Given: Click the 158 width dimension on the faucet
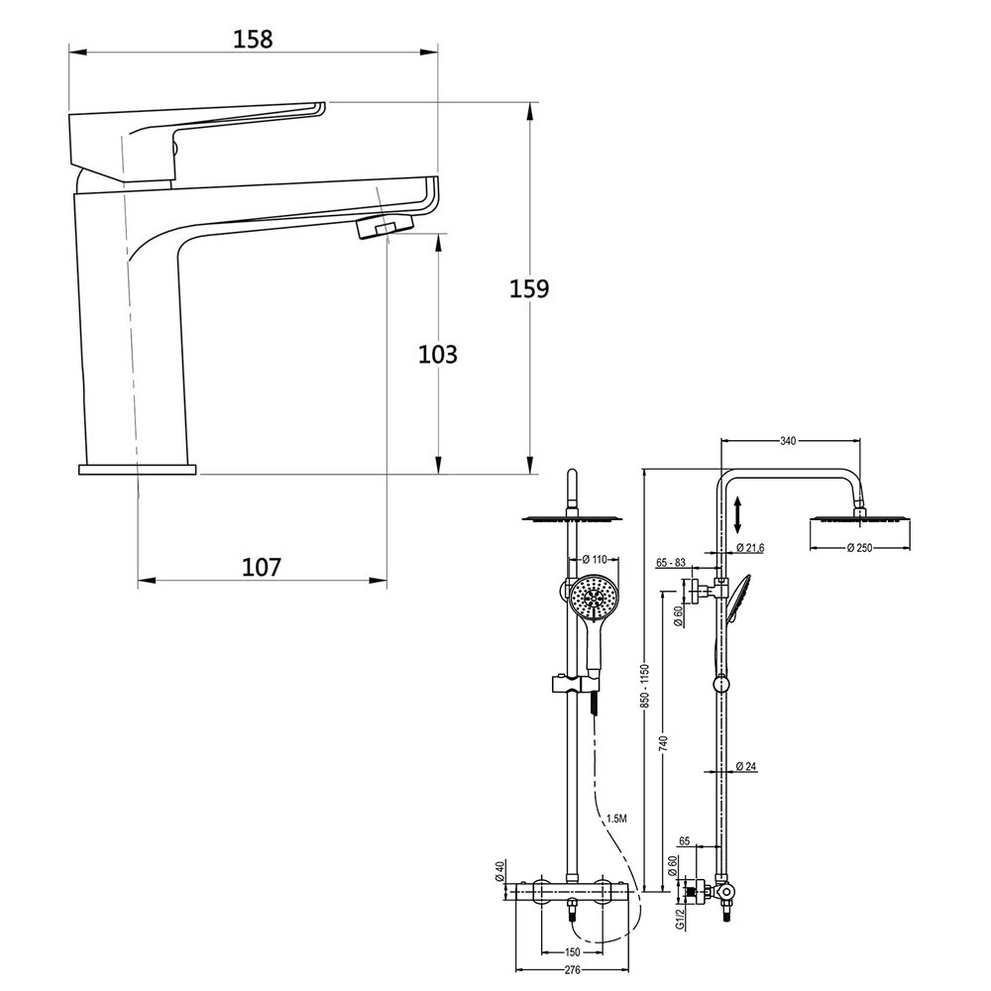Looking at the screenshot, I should point(252,39).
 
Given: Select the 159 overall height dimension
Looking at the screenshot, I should point(529,288).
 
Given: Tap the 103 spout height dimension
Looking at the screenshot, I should point(438,354).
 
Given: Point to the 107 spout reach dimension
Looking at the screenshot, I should point(262,567).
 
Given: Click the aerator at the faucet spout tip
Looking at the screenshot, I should point(375,227).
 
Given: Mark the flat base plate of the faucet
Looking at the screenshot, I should point(138,469).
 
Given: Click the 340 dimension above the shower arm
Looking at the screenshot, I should point(789,441).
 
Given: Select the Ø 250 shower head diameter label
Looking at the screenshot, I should point(858,548).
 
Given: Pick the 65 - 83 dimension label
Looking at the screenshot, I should point(671,563).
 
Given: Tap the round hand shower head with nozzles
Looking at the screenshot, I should point(593,598).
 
